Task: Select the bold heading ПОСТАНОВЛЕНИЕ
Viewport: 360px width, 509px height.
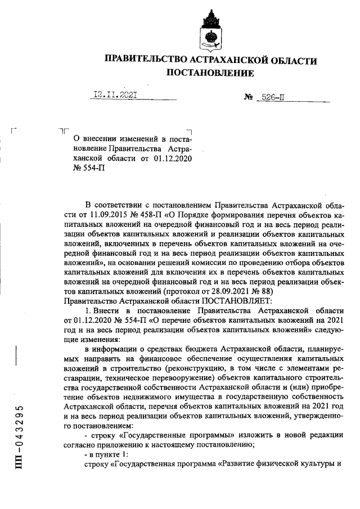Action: click(x=209, y=73)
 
